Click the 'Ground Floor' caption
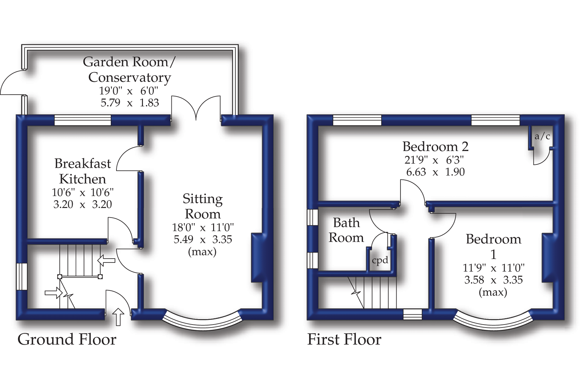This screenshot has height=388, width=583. point(67,340)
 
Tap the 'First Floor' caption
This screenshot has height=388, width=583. point(344,340)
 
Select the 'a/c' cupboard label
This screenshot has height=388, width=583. point(542,136)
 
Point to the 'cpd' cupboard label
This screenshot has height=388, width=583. point(380,260)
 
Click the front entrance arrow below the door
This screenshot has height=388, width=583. point(118,317)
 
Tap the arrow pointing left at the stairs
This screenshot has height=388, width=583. point(106,260)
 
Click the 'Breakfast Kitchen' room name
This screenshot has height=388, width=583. point(83,171)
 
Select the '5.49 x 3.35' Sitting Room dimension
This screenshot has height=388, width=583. point(203,240)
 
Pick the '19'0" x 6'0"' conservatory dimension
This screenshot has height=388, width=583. point(129,91)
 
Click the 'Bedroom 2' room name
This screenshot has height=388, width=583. point(435,147)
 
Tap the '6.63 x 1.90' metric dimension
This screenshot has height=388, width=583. point(435,172)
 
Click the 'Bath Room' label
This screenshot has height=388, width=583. point(346,230)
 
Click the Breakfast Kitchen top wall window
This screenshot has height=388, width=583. point(83,120)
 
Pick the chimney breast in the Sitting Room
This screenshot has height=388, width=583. point(257,257)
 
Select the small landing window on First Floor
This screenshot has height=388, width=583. point(412,314)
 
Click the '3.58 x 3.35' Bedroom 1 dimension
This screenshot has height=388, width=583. point(493,280)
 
